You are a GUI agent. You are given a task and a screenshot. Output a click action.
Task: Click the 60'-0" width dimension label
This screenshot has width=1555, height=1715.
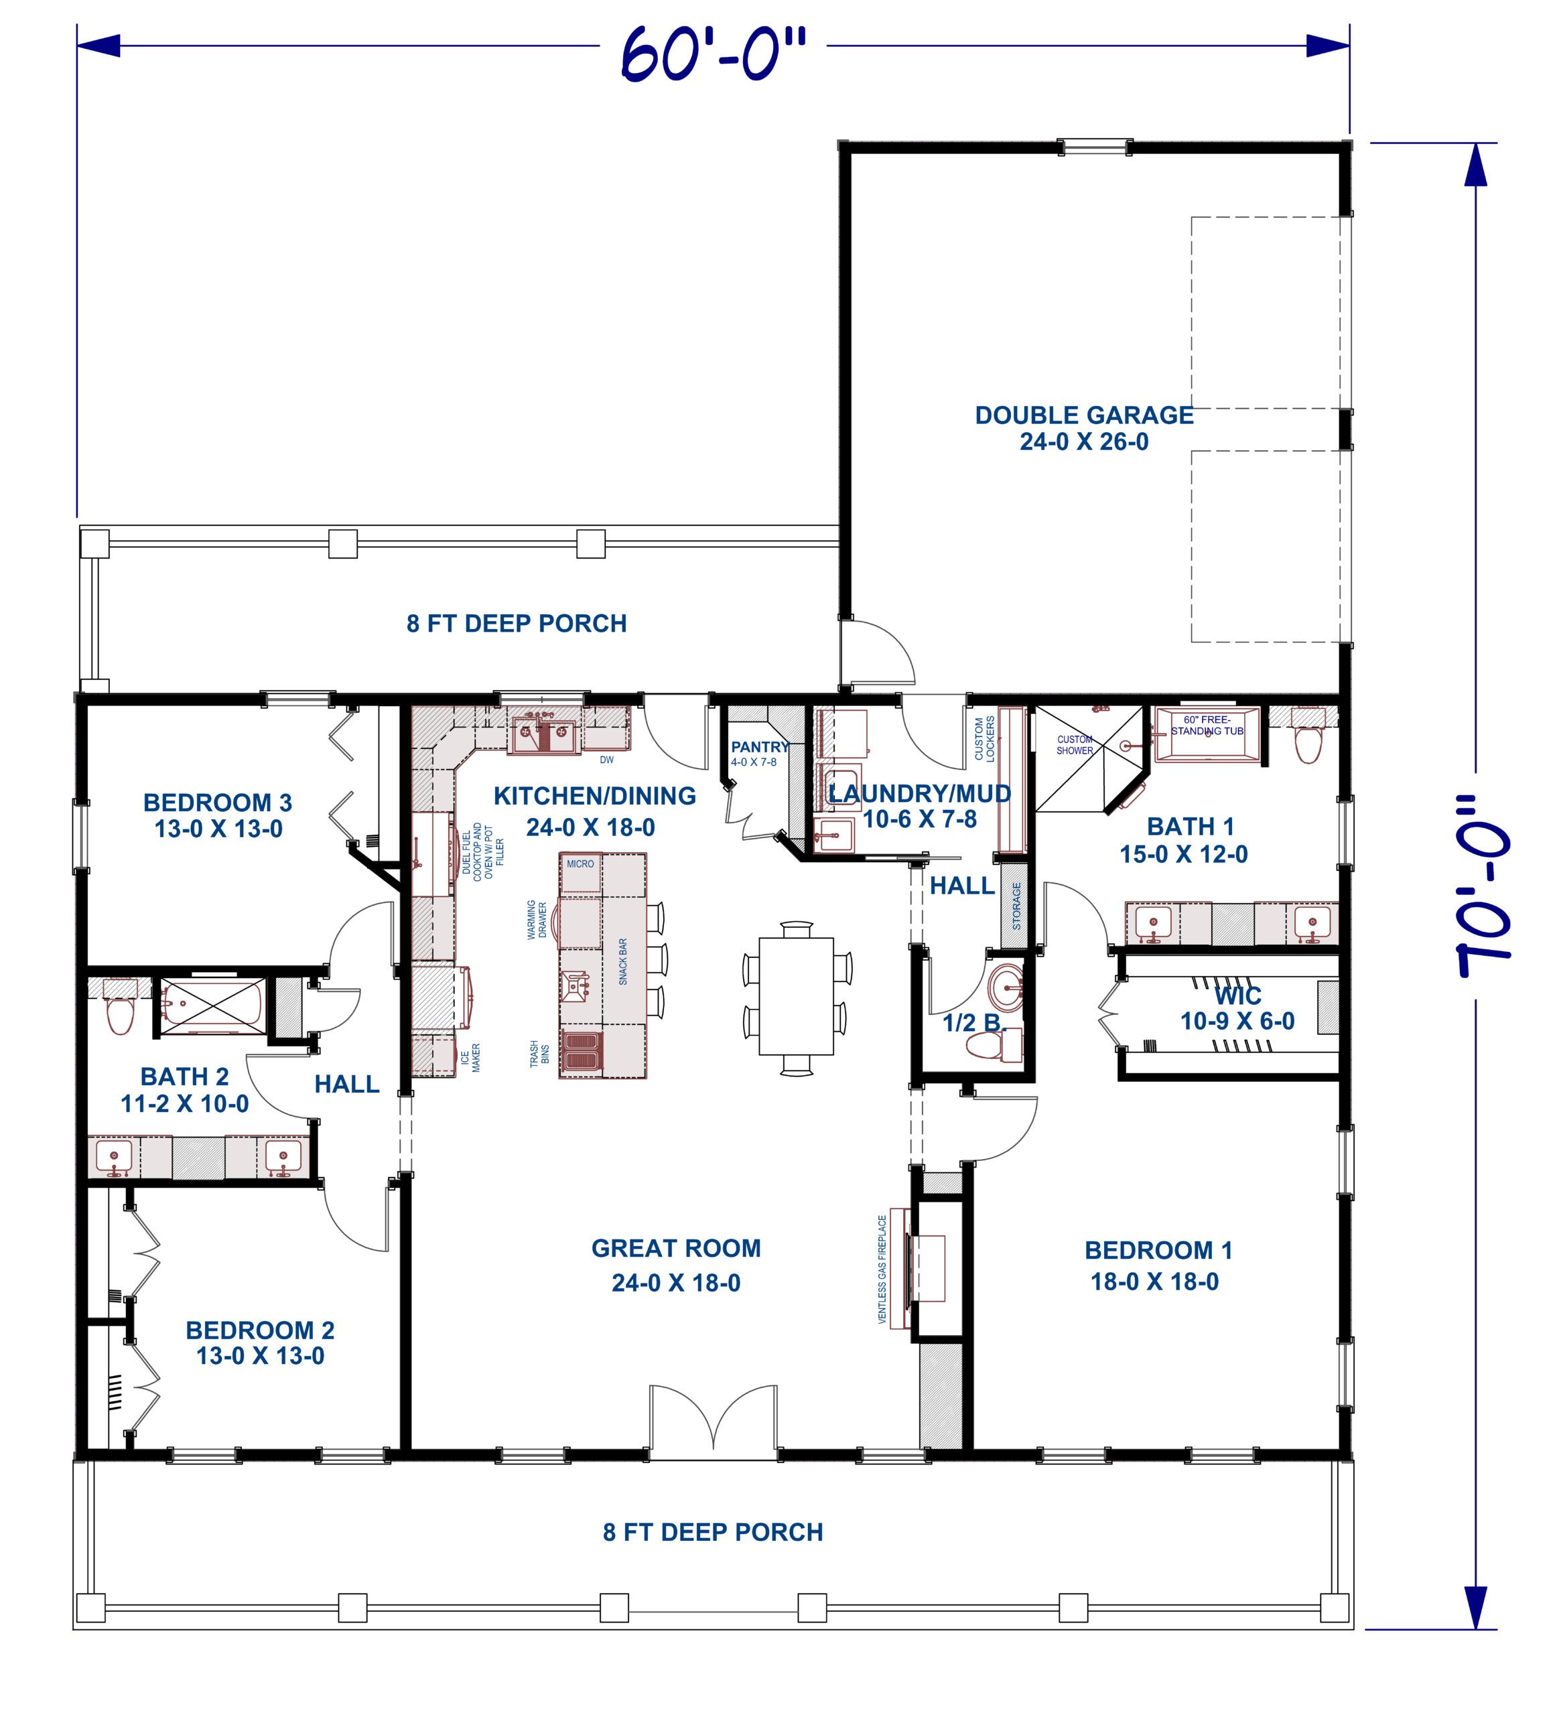click(x=713, y=54)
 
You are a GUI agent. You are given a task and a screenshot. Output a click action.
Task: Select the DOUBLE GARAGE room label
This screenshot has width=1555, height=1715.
click(x=1084, y=415)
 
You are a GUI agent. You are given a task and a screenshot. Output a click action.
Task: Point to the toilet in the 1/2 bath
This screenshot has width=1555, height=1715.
click(x=988, y=1046)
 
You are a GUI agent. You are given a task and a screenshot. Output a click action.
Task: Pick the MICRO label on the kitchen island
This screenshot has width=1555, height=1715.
click(x=580, y=864)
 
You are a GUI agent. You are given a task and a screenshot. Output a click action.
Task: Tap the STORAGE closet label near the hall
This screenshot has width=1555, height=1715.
click(x=1016, y=905)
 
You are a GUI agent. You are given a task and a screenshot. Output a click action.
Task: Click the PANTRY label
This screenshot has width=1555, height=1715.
click(x=759, y=747)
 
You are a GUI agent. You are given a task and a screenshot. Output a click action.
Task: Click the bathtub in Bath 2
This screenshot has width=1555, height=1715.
click(x=212, y=1007)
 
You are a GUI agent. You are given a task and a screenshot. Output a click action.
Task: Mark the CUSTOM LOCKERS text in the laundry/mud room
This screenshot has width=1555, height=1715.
click(x=984, y=738)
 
